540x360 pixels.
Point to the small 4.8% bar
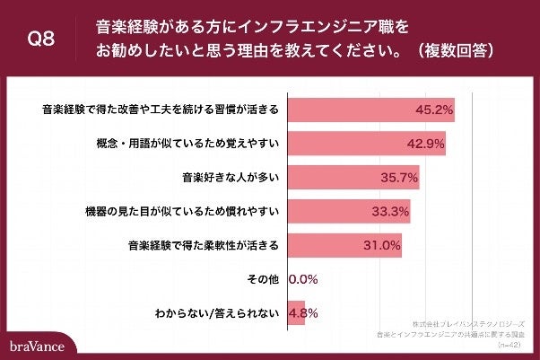click(295, 312)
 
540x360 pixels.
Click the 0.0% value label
click(301, 279)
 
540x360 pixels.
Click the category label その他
click(264, 279)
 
